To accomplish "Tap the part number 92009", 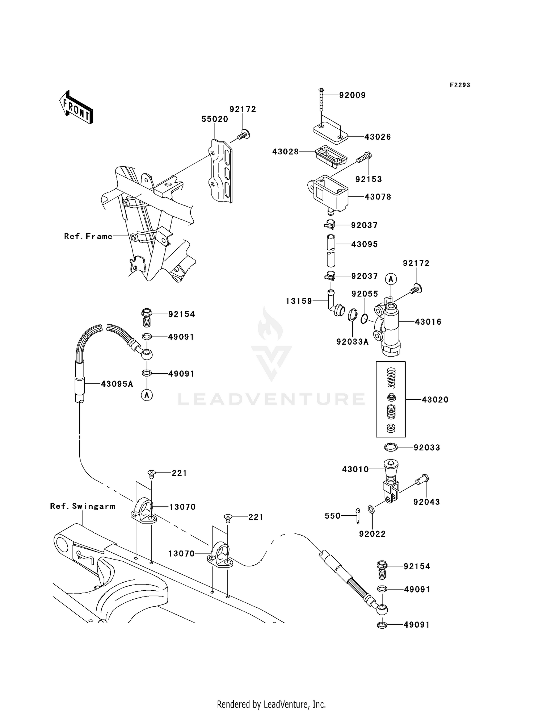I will click(x=352, y=95).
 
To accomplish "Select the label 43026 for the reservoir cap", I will click(x=378, y=137).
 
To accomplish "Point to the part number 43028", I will click(x=286, y=152).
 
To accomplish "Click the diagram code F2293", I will click(x=460, y=85).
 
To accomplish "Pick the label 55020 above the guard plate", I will click(x=215, y=119).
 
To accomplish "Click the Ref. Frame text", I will click(x=88, y=236).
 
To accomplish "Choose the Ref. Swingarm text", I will click(x=83, y=506).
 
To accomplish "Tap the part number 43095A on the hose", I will click(x=117, y=384).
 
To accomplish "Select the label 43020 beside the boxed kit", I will click(x=435, y=400).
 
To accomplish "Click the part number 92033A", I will click(x=352, y=342).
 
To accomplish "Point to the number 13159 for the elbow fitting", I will click(x=299, y=301).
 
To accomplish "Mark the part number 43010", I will click(x=355, y=469).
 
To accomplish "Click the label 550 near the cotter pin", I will click(x=333, y=516).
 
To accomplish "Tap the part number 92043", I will click(x=426, y=502).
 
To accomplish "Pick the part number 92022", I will click(x=372, y=534).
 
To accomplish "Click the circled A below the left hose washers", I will click(x=147, y=395).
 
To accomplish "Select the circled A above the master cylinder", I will click(x=391, y=279).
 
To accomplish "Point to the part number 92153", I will click(x=369, y=179).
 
